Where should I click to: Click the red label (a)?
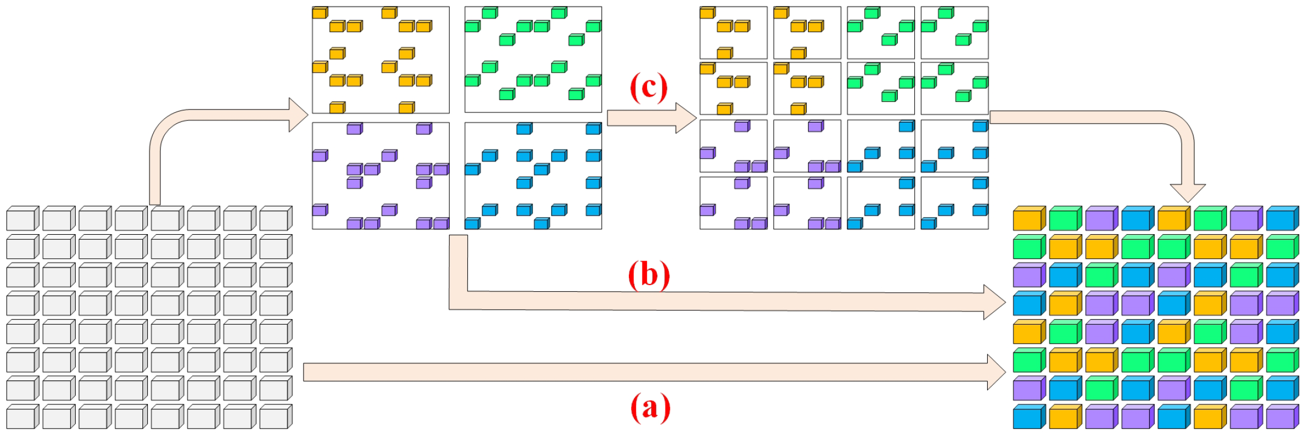pyautogui.click(x=650, y=408)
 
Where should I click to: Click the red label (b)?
pyautogui.click(x=649, y=275)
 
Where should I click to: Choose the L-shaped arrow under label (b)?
pyautogui.click(x=712, y=302)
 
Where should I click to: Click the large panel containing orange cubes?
pyautogui.click(x=381, y=60)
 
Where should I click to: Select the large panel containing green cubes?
pyautogui.click(x=533, y=60)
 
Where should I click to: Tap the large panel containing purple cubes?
pyautogui.click(x=381, y=176)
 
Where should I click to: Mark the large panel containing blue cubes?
pyautogui.click(x=533, y=176)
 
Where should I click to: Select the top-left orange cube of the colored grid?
pyautogui.click(x=1028, y=219)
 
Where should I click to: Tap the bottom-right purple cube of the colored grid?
pyautogui.click(x=1281, y=417)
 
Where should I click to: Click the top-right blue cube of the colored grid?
pyautogui.click(x=1281, y=219)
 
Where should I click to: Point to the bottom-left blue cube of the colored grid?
pyautogui.click(x=1028, y=417)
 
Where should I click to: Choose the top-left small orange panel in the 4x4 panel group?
pyautogui.click(x=733, y=33)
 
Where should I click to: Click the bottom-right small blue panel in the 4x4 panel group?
pyautogui.click(x=954, y=203)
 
